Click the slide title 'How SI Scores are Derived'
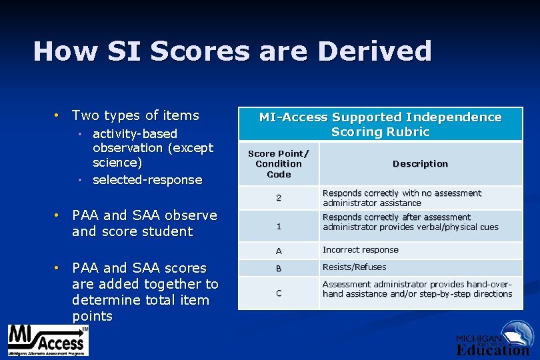pos(232,51)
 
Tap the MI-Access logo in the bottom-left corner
pos(47,341)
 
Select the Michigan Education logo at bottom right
pos(493,339)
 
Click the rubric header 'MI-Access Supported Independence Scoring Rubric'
pos(380,125)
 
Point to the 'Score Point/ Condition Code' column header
pos(279,164)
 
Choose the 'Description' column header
pos(420,164)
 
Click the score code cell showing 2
pos(279,198)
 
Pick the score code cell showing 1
pos(279,226)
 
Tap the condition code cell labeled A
pos(279,251)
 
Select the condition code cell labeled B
pos(279,268)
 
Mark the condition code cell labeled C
pos(279,293)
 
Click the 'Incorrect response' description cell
pos(361,250)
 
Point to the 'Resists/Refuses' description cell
pos(354,267)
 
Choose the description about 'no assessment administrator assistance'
pos(401,198)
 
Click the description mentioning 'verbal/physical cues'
pos(410,222)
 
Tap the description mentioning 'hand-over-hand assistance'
pos(417,289)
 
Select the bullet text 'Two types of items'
pos(135,115)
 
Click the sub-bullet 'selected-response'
pos(147,180)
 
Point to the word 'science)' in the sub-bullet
pos(118,163)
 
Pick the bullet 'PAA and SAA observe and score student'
pos(144,223)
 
